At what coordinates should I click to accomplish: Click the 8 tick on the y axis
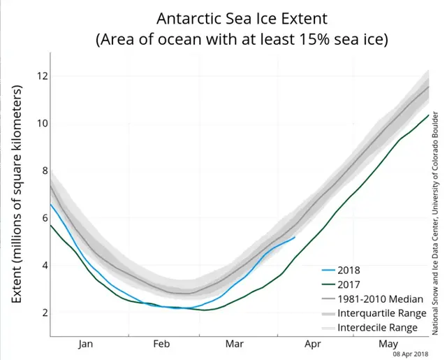tap(45, 171)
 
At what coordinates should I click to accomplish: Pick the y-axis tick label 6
tap(45, 218)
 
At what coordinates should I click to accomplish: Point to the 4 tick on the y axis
tap(45, 266)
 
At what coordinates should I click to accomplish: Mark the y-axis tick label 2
tap(45, 312)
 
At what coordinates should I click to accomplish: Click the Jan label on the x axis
tap(85, 345)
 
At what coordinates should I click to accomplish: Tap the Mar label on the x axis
tap(235, 345)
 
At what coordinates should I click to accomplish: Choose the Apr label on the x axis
tap(312, 345)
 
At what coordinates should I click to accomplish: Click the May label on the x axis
tap(388, 345)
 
